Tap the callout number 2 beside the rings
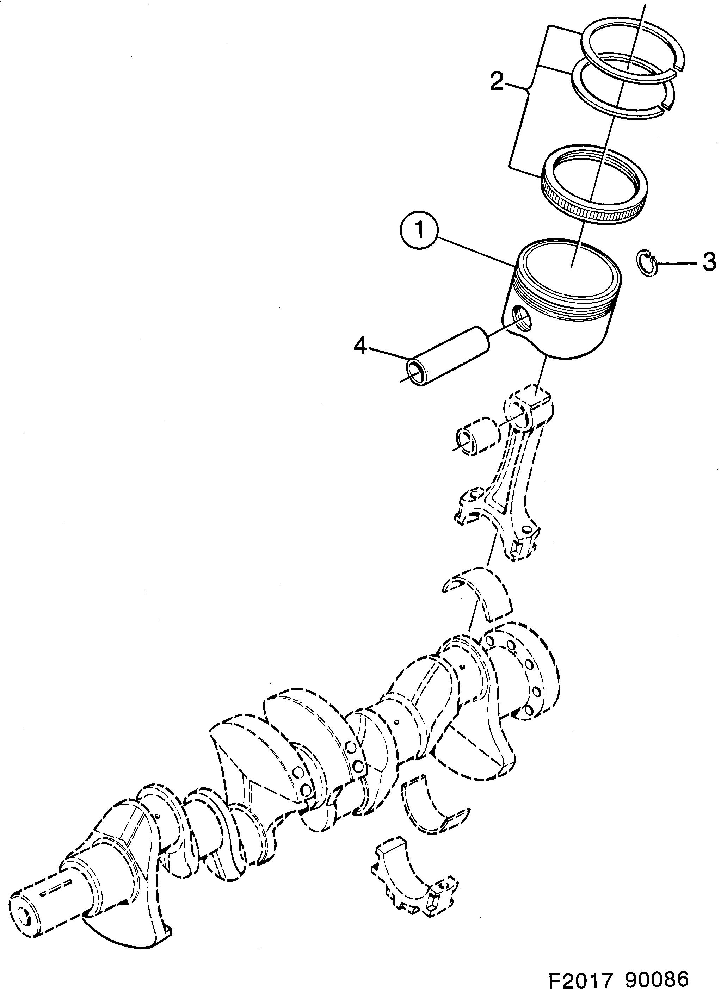coord(497,82)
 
